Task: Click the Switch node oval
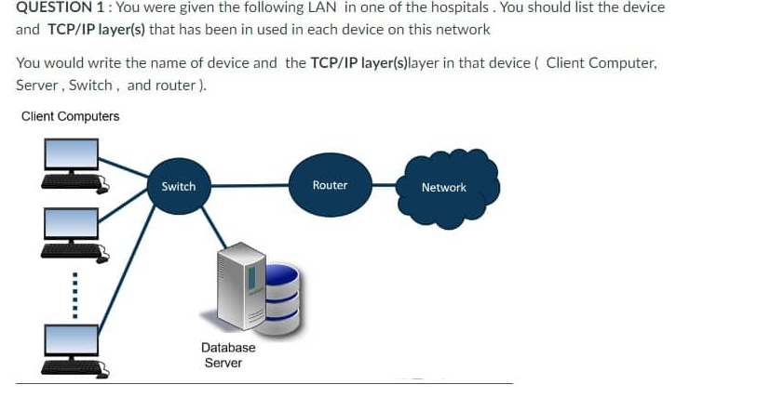click(179, 186)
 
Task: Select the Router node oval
click(330, 185)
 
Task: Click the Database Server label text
click(227, 355)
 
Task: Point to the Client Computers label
click(70, 116)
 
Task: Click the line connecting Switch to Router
click(250, 186)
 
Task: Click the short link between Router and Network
click(389, 185)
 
